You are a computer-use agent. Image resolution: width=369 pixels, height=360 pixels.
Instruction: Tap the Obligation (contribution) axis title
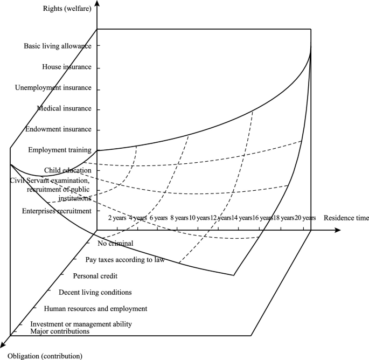(45, 356)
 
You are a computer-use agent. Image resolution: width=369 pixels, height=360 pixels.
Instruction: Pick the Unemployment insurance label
(61, 88)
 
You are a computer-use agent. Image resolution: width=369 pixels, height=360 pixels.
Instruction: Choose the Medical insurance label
(64, 109)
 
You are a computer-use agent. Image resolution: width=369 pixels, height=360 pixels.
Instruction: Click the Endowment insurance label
(61, 130)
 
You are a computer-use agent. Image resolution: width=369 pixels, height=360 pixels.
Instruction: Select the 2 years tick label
(117, 218)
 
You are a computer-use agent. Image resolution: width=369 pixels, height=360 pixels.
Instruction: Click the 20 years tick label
(302, 218)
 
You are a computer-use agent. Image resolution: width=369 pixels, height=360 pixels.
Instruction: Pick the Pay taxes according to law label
(132, 260)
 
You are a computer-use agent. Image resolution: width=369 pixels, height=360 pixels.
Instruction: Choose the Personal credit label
(95, 276)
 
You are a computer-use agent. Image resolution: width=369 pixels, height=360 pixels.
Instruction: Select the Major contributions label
(60, 331)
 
